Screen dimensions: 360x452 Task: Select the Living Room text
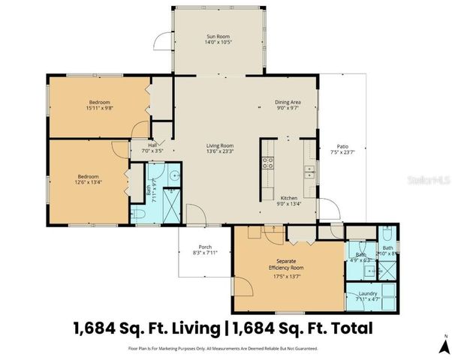pos(221,145)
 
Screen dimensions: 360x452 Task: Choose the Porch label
pos(204,247)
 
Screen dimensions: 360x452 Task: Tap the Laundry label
pos(367,293)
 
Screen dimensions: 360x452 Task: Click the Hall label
pos(152,145)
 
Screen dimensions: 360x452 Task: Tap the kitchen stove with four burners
pos(267,161)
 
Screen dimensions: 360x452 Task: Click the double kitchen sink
pos(309,171)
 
